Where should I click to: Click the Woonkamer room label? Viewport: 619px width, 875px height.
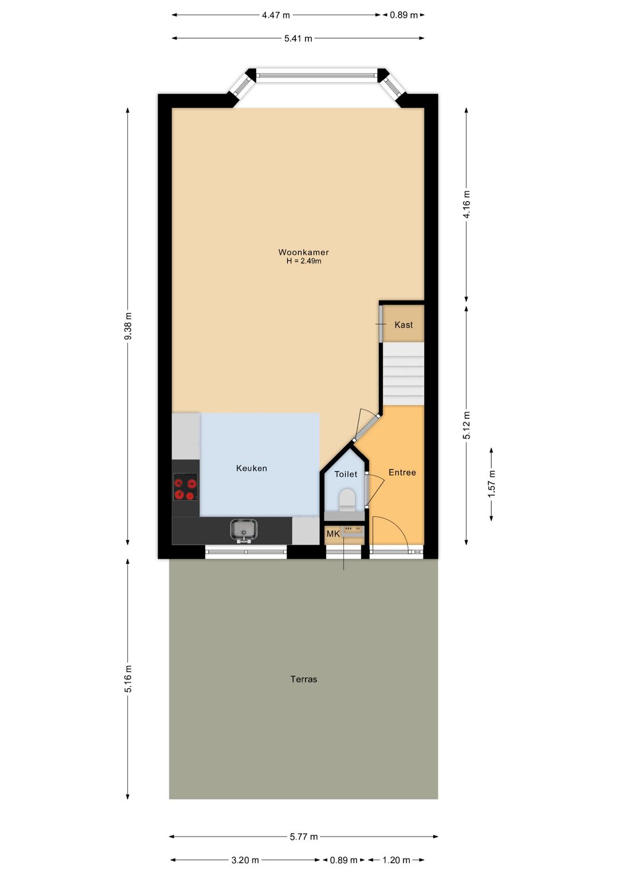pyautogui.click(x=303, y=252)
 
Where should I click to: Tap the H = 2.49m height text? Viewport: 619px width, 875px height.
pyautogui.click(x=304, y=261)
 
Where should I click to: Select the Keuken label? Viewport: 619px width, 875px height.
pyautogui.click(x=251, y=468)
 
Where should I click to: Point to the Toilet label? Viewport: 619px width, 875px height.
pyautogui.click(x=346, y=474)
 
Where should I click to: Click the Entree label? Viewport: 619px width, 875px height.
pyautogui.click(x=402, y=472)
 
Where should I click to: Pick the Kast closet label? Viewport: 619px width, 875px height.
pyautogui.click(x=403, y=324)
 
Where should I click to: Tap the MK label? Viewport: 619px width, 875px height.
pyautogui.click(x=334, y=533)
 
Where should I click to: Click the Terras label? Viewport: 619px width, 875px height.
pyautogui.click(x=304, y=679)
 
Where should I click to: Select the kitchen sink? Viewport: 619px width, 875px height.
pyautogui.click(x=243, y=531)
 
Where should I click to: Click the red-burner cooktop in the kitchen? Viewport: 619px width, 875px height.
pyautogui.click(x=185, y=489)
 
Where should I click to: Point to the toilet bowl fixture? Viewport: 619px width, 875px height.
pyautogui.click(x=347, y=500)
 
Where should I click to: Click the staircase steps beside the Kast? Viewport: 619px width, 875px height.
pyautogui.click(x=403, y=374)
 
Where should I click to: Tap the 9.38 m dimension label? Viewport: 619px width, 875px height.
pyautogui.click(x=128, y=326)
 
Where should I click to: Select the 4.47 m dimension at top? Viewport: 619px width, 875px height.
pyautogui.click(x=276, y=15)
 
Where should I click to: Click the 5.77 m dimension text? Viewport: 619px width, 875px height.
pyautogui.click(x=304, y=837)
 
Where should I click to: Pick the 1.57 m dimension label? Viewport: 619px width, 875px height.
pyautogui.click(x=491, y=484)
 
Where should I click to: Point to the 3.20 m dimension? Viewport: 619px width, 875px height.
pyautogui.click(x=245, y=860)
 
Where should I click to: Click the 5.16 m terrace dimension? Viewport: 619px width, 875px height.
pyautogui.click(x=128, y=678)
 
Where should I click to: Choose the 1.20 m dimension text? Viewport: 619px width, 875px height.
pyautogui.click(x=396, y=860)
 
